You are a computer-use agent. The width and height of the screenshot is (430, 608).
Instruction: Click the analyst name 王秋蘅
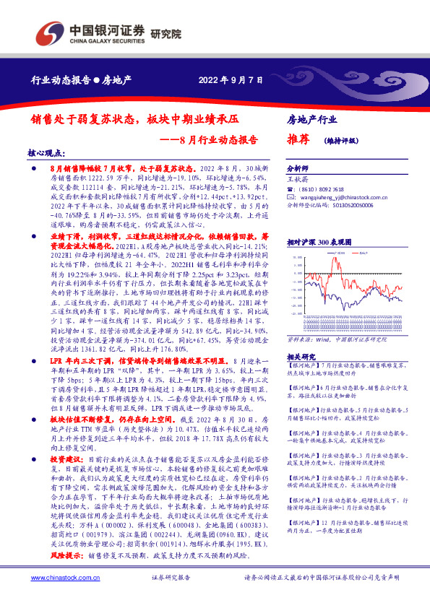298,176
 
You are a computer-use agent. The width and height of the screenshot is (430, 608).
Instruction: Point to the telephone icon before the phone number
291,186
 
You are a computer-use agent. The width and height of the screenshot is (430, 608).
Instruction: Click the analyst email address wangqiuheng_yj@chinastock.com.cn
345,196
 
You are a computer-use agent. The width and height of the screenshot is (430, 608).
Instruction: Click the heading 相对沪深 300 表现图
319,243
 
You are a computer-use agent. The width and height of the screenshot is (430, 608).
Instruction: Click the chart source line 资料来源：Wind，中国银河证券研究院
331,336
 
